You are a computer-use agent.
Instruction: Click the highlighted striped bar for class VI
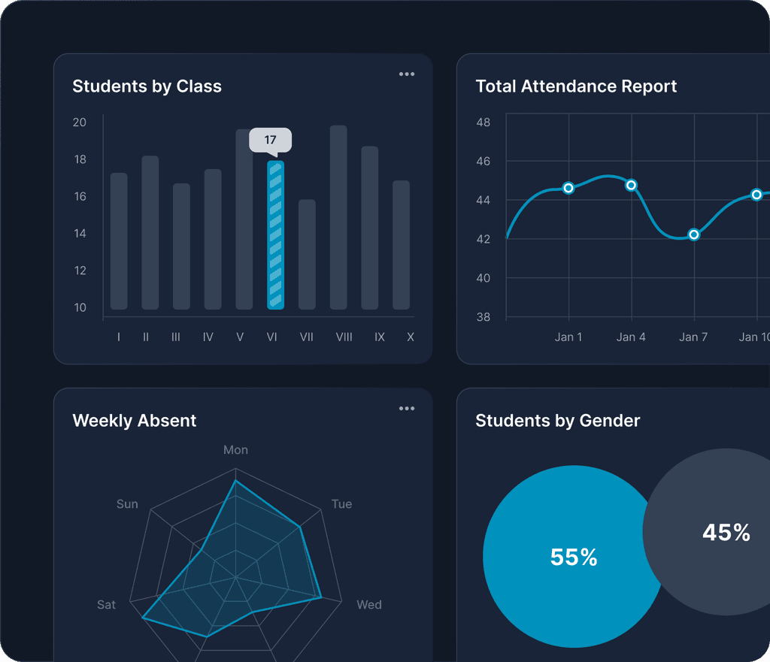pyautogui.click(x=275, y=234)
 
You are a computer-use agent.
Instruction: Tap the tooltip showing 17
pyautogui.click(x=270, y=141)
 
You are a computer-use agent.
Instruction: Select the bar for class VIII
pyautogui.click(x=338, y=217)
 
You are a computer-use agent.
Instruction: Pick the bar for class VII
pyautogui.click(x=307, y=254)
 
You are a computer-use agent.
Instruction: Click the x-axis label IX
pyautogui.click(x=380, y=337)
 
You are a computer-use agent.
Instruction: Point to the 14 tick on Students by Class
pyautogui.click(x=80, y=234)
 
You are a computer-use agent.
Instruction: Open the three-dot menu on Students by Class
pyautogui.click(x=407, y=74)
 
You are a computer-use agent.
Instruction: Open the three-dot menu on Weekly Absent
pyautogui.click(x=407, y=409)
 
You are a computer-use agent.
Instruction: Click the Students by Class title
pyautogui.click(x=147, y=86)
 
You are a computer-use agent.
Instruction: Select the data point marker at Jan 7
pyautogui.click(x=694, y=234)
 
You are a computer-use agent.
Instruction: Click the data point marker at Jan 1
pyautogui.click(x=568, y=188)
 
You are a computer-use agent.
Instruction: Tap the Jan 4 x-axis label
pyautogui.click(x=631, y=337)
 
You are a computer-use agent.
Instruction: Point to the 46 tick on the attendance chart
pyautogui.click(x=483, y=162)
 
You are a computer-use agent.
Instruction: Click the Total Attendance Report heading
pyautogui.click(x=576, y=86)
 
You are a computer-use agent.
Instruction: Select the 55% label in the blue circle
pyautogui.click(x=574, y=557)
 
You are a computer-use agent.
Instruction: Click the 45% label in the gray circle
pyautogui.click(x=726, y=533)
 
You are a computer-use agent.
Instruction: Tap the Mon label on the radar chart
pyautogui.click(x=235, y=450)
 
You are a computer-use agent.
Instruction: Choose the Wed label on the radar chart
pyautogui.click(x=368, y=605)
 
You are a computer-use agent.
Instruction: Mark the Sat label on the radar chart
pyautogui.click(x=107, y=605)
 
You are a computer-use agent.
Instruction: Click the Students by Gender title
pyautogui.click(x=557, y=421)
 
